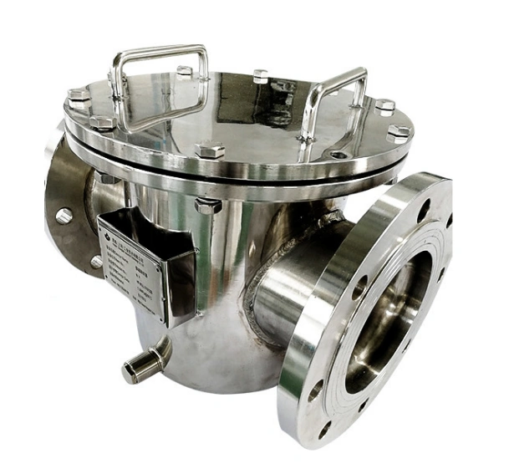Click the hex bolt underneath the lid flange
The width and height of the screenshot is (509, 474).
206,205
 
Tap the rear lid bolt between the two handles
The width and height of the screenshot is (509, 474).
261,75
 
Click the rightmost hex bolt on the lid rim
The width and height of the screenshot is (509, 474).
399,131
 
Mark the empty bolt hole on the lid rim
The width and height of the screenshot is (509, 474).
338,154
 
